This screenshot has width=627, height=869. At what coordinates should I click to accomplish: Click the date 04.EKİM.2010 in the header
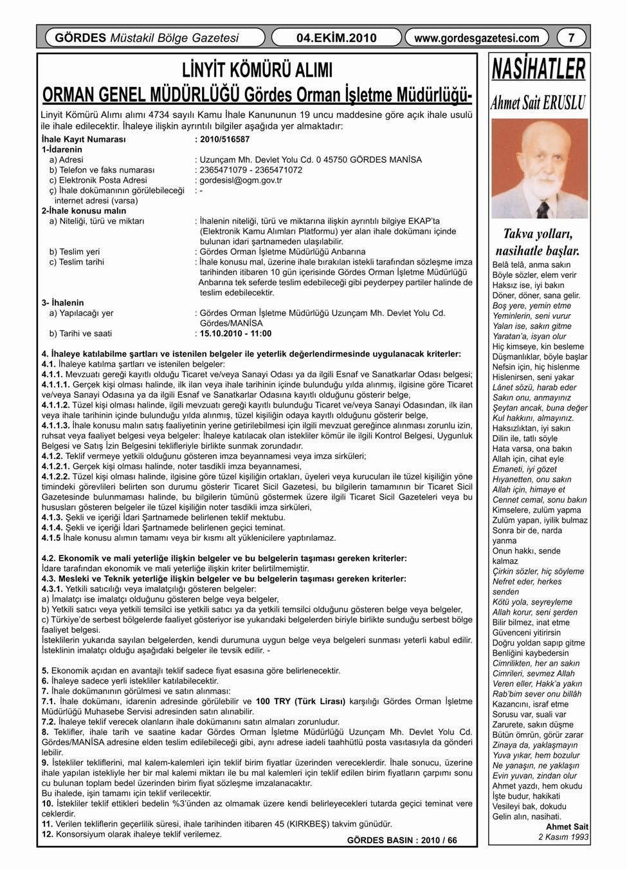[x=337, y=38]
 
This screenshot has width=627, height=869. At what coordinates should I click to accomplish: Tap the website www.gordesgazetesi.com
[x=477, y=38]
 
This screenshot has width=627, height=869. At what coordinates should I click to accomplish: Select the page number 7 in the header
[x=570, y=38]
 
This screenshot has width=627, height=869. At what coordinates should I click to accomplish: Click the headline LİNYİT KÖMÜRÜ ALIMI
[x=257, y=70]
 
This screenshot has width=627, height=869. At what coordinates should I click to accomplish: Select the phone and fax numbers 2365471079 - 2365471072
[x=251, y=170]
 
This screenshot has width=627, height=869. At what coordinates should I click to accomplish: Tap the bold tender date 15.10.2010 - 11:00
[x=236, y=333]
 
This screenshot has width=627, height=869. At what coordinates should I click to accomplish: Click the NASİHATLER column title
[x=539, y=70]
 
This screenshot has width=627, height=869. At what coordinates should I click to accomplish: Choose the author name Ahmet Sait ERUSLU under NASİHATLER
[x=539, y=102]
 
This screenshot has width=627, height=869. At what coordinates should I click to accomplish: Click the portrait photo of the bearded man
[x=539, y=169]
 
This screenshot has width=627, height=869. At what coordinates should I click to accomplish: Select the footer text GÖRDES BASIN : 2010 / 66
[x=402, y=840]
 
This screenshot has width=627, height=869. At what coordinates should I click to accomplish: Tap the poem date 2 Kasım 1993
[x=563, y=837]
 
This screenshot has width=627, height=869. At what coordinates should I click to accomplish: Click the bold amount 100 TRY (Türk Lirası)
[x=300, y=700]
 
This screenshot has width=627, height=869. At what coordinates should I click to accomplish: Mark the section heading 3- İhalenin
[x=62, y=303]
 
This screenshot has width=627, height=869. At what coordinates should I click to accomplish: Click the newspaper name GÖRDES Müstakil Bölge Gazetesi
[x=147, y=38]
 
